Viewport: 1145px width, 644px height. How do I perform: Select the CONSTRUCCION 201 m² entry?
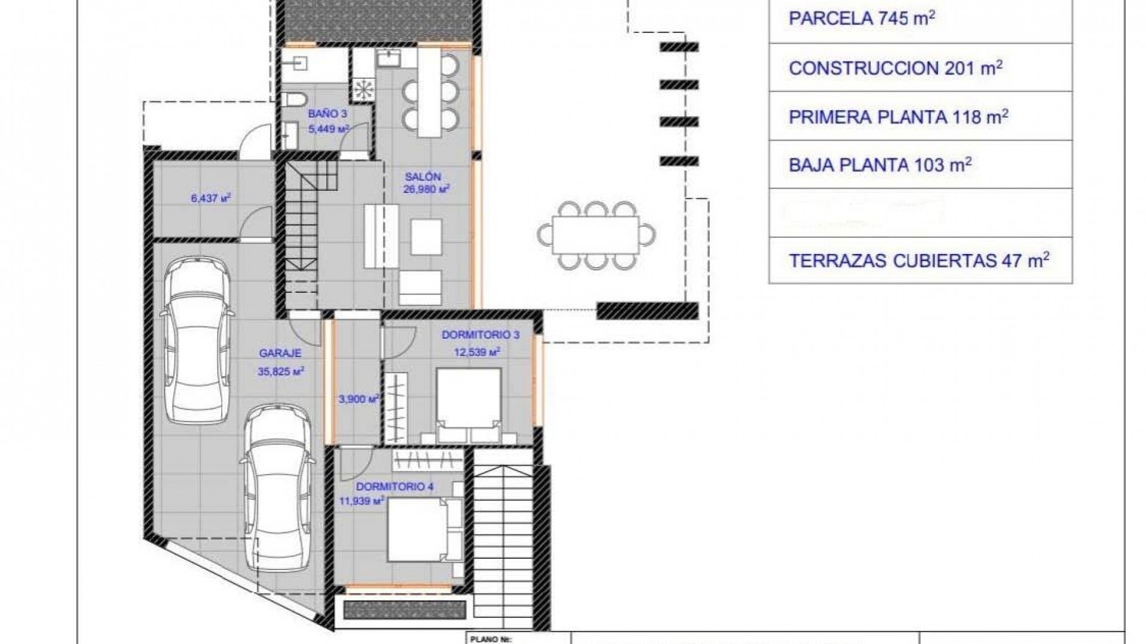click(895, 67)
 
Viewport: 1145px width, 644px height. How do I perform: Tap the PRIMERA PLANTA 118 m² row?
click(898, 116)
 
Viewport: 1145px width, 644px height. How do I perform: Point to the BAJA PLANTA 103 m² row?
click(880, 165)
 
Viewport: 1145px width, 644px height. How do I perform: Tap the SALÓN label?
click(423, 177)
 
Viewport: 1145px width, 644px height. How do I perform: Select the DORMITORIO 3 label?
click(480, 335)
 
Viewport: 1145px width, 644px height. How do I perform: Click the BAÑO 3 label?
click(327, 113)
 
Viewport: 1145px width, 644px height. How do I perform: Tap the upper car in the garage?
click(196, 340)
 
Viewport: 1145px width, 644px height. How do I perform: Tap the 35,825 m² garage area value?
click(281, 371)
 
